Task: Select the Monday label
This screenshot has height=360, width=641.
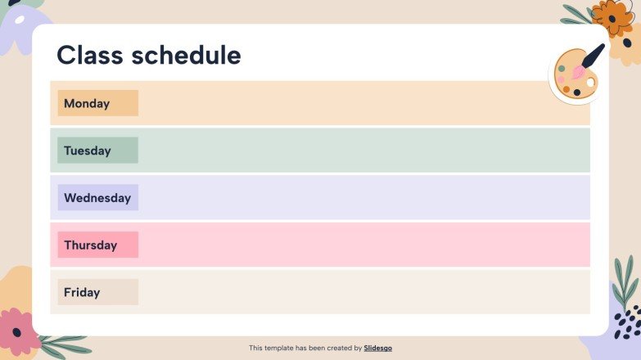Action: [87, 103]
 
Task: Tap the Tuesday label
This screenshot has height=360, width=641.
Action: [87, 151]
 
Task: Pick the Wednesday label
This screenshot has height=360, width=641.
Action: [97, 198]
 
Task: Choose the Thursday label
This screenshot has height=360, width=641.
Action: [90, 245]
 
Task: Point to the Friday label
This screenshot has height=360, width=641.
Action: [82, 292]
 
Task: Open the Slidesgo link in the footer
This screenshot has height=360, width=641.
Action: [377, 348]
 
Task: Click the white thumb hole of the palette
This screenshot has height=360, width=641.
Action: [591, 83]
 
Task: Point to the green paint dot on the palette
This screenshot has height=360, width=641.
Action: [562, 68]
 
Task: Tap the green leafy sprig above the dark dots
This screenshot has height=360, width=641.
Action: [625, 281]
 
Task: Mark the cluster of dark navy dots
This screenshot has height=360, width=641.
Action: [627, 322]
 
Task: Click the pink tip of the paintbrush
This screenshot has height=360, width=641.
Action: [578, 73]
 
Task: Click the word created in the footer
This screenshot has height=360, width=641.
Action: [333, 348]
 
